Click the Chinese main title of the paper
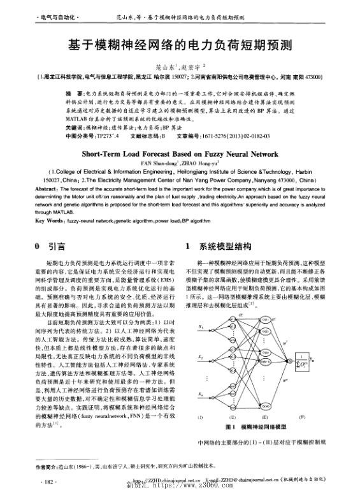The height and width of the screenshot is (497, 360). click(x=180, y=46)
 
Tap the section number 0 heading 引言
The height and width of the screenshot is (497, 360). click(x=48, y=245)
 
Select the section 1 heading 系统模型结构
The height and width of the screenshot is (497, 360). click(x=221, y=245)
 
